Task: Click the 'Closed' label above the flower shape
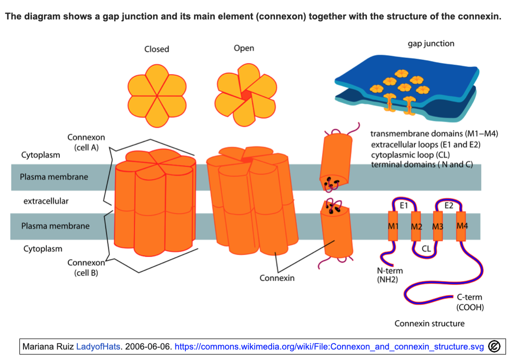pyautogui.click(x=157, y=49)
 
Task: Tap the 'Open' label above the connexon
pyautogui.click(x=244, y=48)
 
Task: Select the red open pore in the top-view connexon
pyautogui.click(x=246, y=95)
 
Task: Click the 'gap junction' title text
pyautogui.click(x=431, y=44)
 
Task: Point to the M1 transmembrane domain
pyautogui.click(x=393, y=226)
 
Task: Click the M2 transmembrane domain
pyautogui.click(x=416, y=226)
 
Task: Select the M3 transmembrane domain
pyautogui.click(x=438, y=226)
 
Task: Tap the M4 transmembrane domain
pyautogui.click(x=461, y=226)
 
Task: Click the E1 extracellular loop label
pyautogui.click(x=404, y=205)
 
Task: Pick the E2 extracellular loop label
pyautogui.click(x=449, y=205)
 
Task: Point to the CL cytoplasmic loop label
pyautogui.click(x=426, y=249)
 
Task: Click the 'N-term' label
pyautogui.click(x=389, y=271)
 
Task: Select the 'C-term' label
pyautogui.click(x=469, y=297)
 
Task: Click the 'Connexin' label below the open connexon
pyautogui.click(x=277, y=278)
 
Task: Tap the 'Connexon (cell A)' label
pyautogui.click(x=86, y=142)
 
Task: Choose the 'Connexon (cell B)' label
pyautogui.click(x=86, y=268)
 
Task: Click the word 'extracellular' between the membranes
pyautogui.click(x=46, y=201)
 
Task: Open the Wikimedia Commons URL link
pyautogui.click(x=329, y=347)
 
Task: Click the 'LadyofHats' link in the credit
pyautogui.click(x=98, y=347)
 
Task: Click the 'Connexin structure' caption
pyautogui.click(x=429, y=324)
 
